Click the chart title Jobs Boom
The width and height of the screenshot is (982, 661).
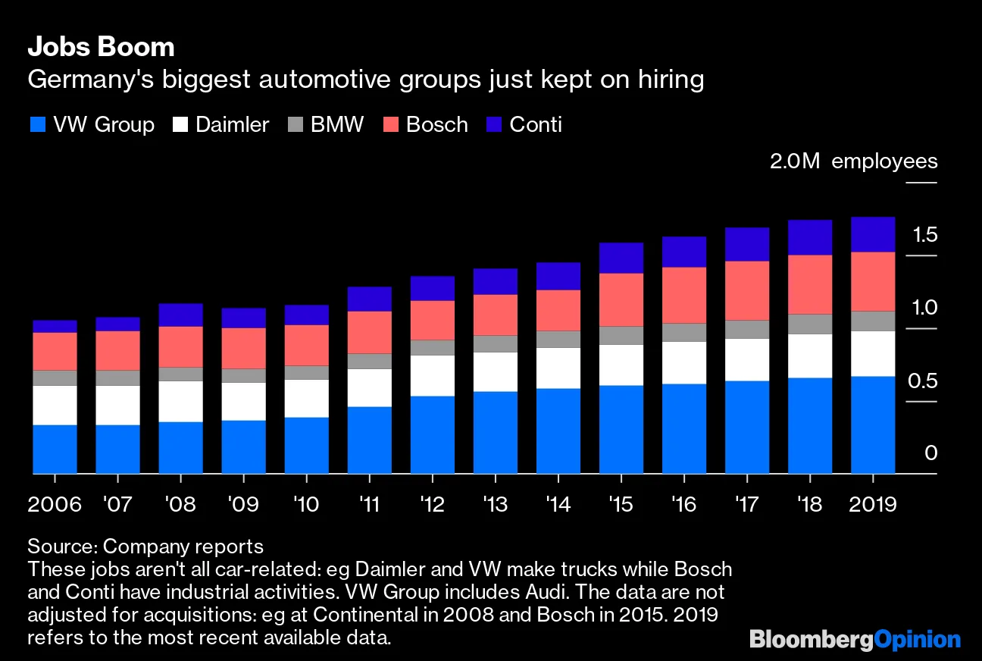pyautogui.click(x=101, y=47)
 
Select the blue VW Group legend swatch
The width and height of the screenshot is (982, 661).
pyautogui.click(x=37, y=125)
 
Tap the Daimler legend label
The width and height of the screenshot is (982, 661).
pyautogui.click(x=232, y=125)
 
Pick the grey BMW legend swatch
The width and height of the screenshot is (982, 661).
pyautogui.click(x=295, y=125)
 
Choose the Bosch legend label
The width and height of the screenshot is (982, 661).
pyautogui.click(x=436, y=125)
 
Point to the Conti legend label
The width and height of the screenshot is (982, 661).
pyautogui.click(x=536, y=125)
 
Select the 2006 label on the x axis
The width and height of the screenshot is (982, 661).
pyautogui.click(x=55, y=506)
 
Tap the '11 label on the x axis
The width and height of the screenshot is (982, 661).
pyautogui.click(x=369, y=506)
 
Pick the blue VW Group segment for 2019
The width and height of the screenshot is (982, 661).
pyautogui.click(x=873, y=424)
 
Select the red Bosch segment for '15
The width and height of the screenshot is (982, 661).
pyautogui.click(x=621, y=299)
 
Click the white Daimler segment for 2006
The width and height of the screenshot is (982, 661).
pyautogui.click(x=55, y=405)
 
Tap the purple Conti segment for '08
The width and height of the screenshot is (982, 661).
pyautogui.click(x=180, y=315)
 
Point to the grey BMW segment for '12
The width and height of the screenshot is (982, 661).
pyautogui.click(x=432, y=347)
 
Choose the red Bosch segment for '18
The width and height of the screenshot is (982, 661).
pyautogui.click(x=810, y=284)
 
